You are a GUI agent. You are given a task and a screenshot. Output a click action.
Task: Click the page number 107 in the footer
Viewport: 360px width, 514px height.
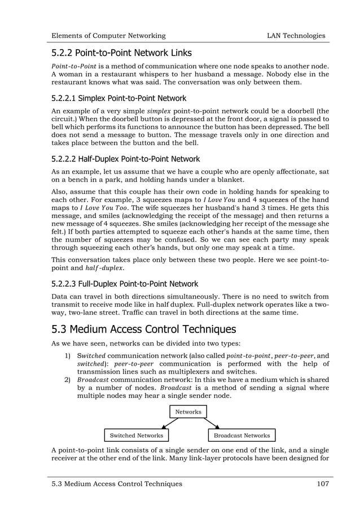(320, 484)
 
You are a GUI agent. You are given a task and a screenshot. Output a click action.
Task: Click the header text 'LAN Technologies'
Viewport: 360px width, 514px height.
(296, 36)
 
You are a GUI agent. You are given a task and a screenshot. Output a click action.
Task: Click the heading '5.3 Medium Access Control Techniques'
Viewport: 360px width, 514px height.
(143, 329)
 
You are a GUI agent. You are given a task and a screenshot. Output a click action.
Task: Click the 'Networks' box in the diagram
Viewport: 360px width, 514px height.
(188, 412)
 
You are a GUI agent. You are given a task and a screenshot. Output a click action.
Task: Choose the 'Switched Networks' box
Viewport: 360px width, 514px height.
(137, 436)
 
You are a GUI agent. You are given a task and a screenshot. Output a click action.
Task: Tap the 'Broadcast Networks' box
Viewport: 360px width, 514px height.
(241, 436)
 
